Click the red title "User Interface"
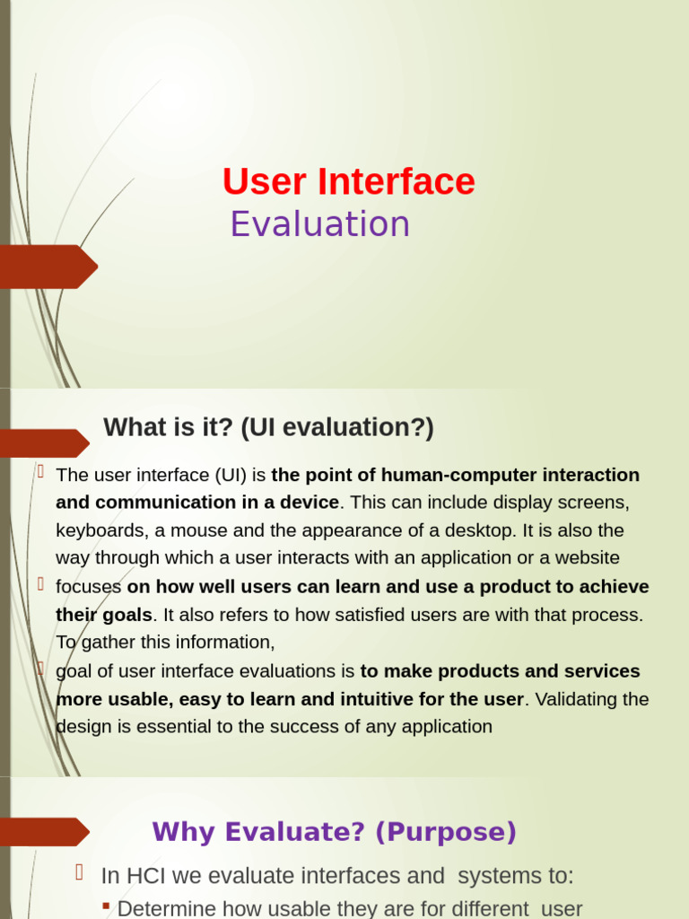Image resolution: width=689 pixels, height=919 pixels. [x=348, y=182]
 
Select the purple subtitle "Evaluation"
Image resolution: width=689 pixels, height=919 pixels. [x=319, y=224]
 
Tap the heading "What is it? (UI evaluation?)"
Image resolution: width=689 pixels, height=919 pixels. [x=268, y=428]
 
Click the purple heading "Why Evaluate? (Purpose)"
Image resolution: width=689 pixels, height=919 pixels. [x=334, y=832]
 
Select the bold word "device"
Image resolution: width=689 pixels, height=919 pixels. [x=309, y=502]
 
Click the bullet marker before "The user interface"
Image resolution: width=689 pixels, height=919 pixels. [x=40, y=471]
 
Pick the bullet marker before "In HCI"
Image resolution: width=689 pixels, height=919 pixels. [x=79, y=871]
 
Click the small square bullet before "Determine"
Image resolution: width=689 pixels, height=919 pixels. [x=106, y=906]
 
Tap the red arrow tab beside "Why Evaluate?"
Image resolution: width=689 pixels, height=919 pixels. [x=45, y=832]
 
